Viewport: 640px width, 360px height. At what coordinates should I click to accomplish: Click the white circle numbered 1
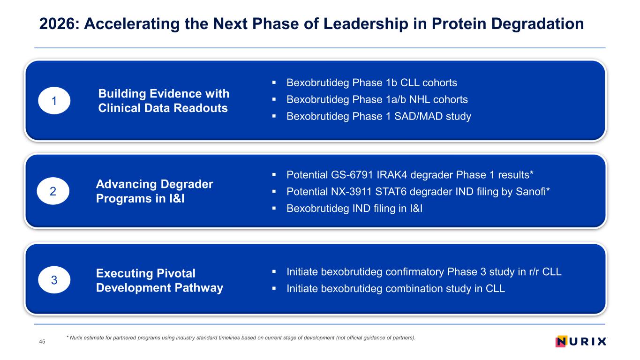point(54,101)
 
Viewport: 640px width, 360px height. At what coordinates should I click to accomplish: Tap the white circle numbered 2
point(53,191)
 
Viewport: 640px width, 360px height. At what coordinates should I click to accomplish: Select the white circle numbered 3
point(54,280)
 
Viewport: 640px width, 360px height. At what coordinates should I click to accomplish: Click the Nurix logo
point(581,341)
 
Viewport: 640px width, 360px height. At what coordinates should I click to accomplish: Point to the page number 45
point(42,341)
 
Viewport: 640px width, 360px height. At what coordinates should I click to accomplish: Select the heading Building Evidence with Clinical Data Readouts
point(164,101)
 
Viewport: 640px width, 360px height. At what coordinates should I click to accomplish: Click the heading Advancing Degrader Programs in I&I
point(155,191)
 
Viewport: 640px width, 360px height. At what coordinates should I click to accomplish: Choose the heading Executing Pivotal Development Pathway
point(159,280)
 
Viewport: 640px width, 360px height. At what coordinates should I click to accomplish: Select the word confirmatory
point(414,272)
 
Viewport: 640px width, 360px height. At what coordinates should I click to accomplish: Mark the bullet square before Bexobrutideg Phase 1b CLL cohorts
point(274,82)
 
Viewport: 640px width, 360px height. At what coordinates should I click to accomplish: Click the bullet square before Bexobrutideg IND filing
point(274,208)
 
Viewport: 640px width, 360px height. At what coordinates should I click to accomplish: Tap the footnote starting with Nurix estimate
point(241,337)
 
